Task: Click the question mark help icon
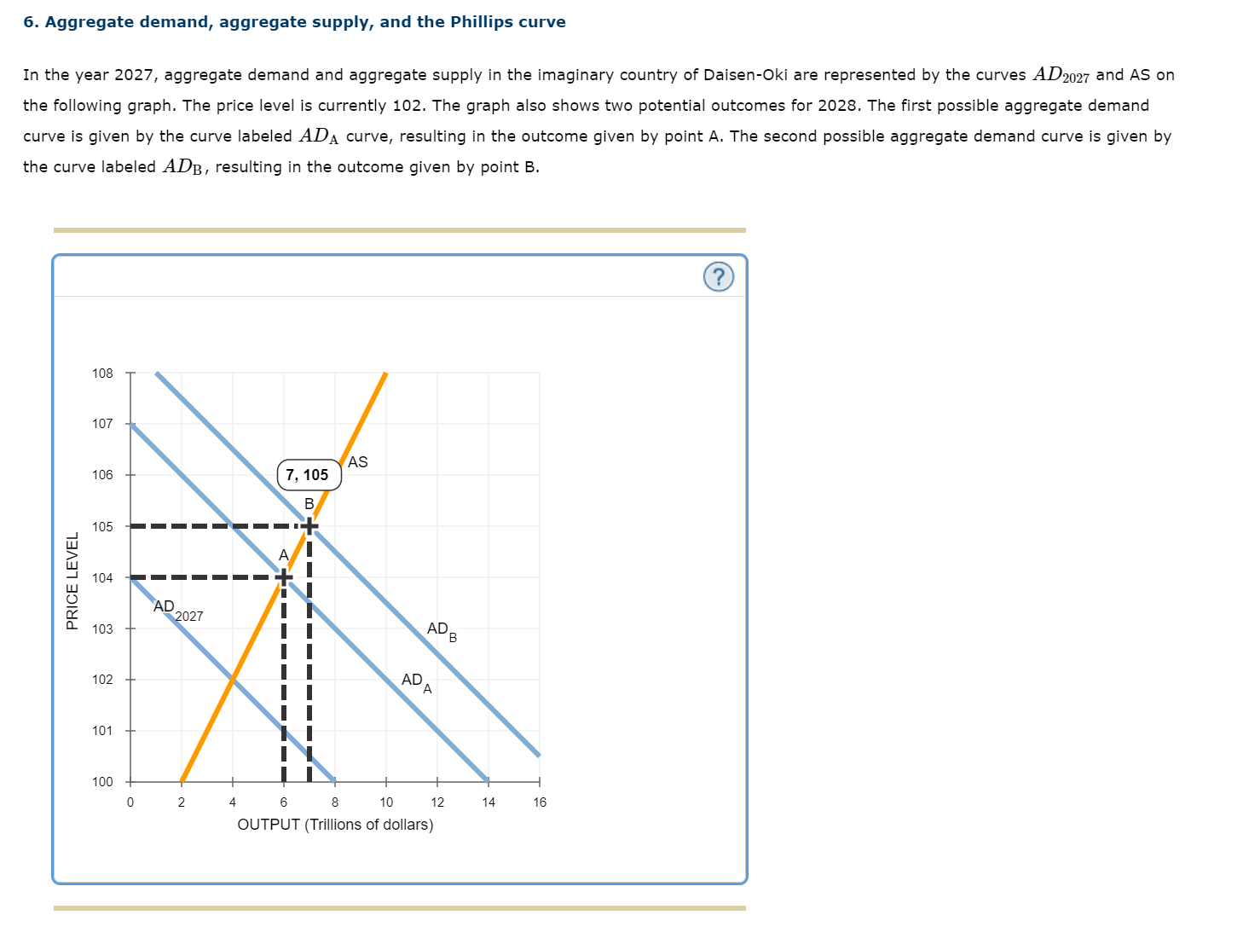pyautogui.click(x=718, y=277)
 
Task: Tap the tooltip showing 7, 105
pyautogui.click(x=308, y=475)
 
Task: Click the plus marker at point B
pyautogui.click(x=309, y=526)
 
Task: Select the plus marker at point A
pyautogui.click(x=283, y=577)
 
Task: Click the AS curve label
pyautogui.click(x=358, y=462)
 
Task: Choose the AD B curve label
pyautogui.click(x=442, y=631)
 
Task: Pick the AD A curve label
pyautogui.click(x=416, y=681)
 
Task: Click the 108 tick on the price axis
pyautogui.click(x=102, y=374)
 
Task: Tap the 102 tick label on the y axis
pyautogui.click(x=102, y=680)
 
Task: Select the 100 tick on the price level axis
pyautogui.click(x=102, y=782)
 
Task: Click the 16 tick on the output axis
pyautogui.click(x=540, y=802)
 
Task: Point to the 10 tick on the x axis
pyautogui.click(x=386, y=802)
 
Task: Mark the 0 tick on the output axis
pyautogui.click(x=130, y=802)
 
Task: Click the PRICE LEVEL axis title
pyautogui.click(x=72, y=581)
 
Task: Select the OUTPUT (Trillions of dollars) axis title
pyautogui.click(x=335, y=825)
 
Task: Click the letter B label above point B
pyautogui.click(x=309, y=504)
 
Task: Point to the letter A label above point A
pyautogui.click(x=283, y=555)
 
